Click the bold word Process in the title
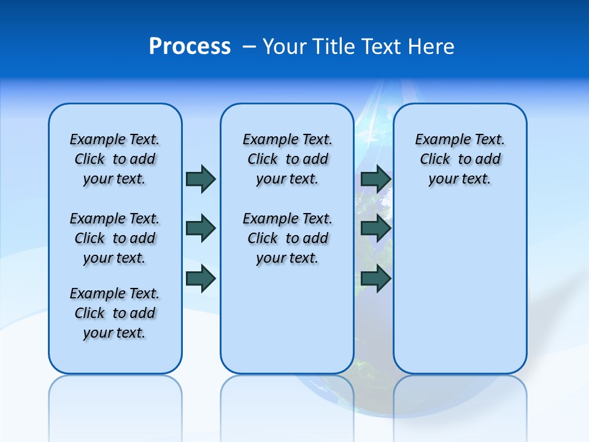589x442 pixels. tap(190, 47)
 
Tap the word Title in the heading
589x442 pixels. tap(335, 47)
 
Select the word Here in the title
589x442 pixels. tap(432, 47)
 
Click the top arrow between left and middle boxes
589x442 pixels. tap(201, 179)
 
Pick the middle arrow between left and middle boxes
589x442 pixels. tap(201, 228)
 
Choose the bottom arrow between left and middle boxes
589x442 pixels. tap(201, 278)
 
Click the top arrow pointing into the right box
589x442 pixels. tap(375, 179)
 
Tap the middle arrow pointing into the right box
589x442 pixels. tap(375, 228)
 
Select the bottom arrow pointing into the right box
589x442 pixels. tap(375, 278)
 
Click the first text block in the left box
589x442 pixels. tap(115, 159)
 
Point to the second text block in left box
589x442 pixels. tap(115, 238)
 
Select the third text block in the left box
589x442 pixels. tap(115, 313)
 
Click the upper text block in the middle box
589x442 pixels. tap(287, 159)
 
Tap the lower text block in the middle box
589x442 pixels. tap(287, 238)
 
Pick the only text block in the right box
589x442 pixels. tap(460, 159)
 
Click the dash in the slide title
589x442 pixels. tap(249, 47)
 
